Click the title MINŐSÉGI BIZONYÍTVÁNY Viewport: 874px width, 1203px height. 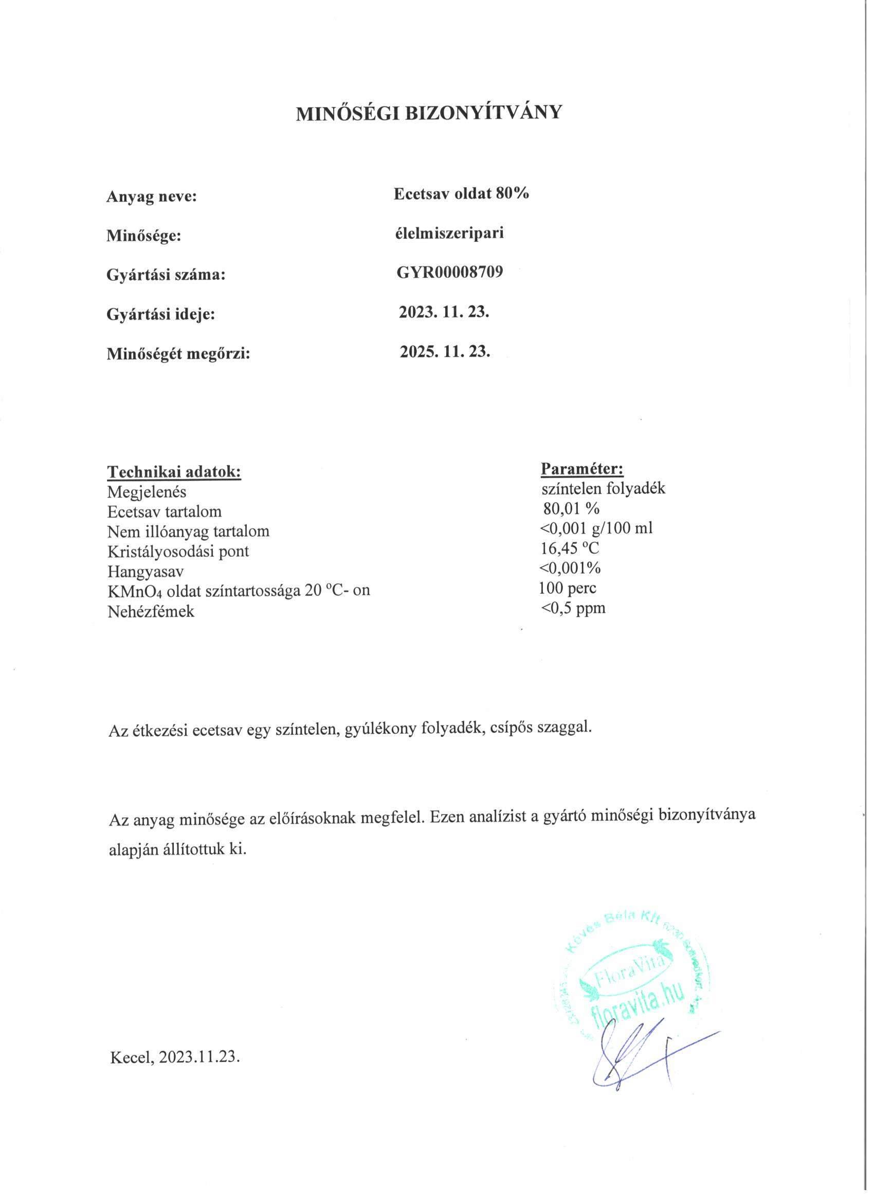point(428,114)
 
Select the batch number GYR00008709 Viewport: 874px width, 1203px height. point(449,273)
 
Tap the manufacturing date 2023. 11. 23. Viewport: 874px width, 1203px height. point(444,312)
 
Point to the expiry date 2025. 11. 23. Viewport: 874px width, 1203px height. point(445,351)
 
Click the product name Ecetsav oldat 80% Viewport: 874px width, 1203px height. point(461,194)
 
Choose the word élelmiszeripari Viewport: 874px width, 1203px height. point(448,234)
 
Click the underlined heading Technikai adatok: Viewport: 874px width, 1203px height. point(174,471)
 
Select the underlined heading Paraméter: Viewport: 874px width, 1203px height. point(582,468)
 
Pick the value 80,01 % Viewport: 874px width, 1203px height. point(571,509)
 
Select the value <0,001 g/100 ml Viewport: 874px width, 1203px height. point(596,528)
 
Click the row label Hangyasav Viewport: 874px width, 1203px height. point(146,572)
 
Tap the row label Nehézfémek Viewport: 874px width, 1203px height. point(151,612)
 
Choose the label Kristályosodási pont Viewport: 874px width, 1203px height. point(178,552)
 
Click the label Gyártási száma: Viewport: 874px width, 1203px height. point(167,275)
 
